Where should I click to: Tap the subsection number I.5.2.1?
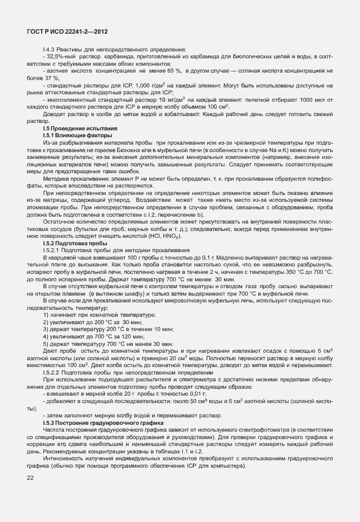pos(53,250)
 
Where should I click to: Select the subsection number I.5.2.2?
pos(53,372)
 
